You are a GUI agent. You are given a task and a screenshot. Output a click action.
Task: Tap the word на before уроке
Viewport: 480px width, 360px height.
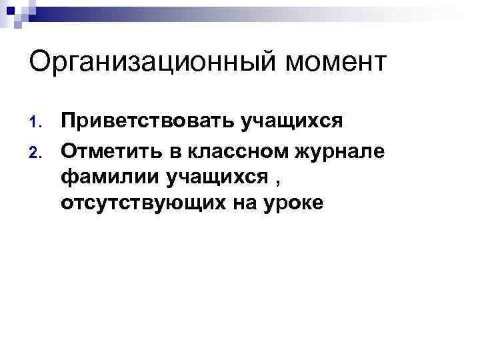tap(234, 203)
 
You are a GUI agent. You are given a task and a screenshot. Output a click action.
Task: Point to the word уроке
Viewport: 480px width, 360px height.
tap(291, 204)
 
